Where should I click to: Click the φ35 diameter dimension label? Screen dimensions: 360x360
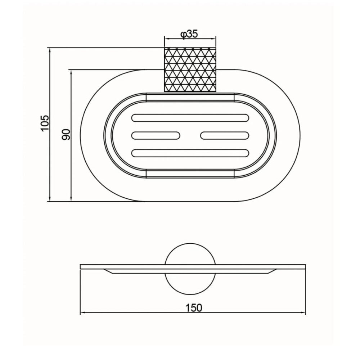(x=189, y=34)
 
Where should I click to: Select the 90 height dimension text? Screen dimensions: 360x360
(x=66, y=135)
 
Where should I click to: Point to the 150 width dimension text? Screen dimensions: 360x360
(x=194, y=308)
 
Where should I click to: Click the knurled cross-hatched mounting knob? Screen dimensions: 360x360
(x=190, y=69)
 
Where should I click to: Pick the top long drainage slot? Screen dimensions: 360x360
(x=190, y=118)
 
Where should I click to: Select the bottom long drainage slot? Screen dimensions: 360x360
(x=190, y=153)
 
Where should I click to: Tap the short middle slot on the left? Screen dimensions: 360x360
(x=156, y=135)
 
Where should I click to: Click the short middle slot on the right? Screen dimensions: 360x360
(x=225, y=135)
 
